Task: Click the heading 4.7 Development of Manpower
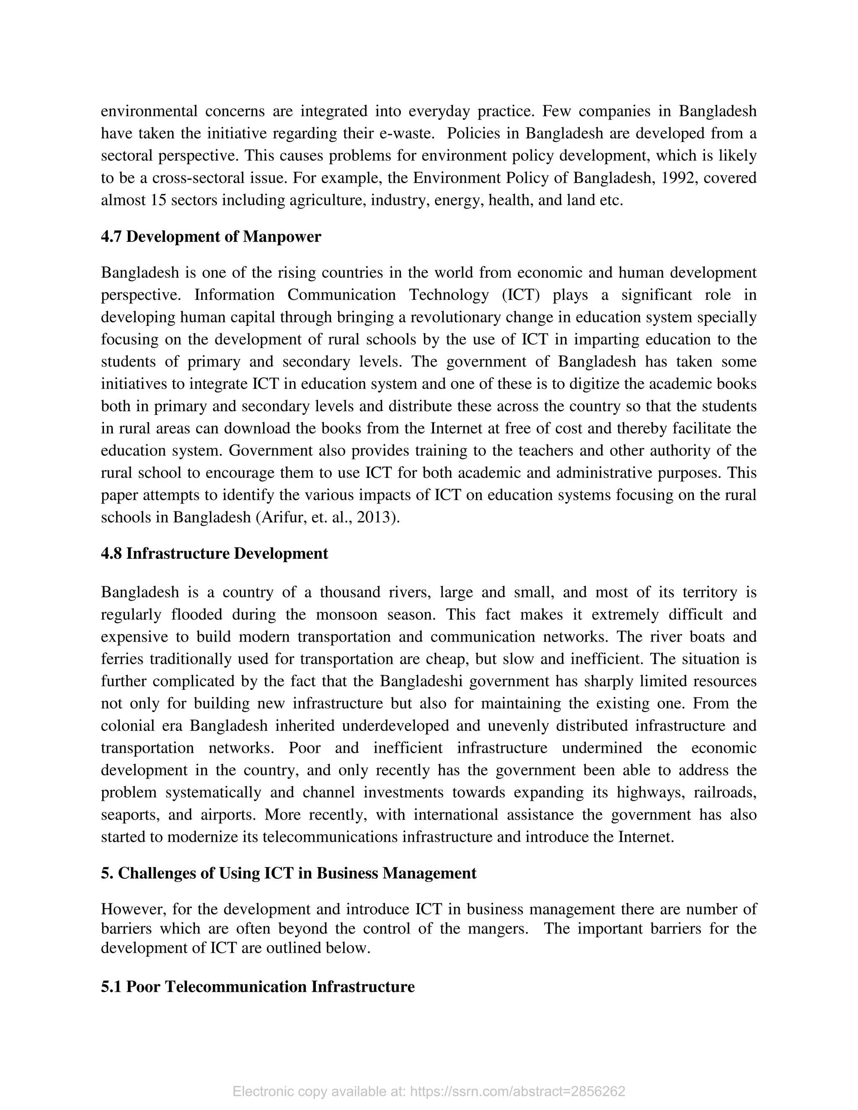coord(211,237)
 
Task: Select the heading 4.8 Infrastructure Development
coord(214,553)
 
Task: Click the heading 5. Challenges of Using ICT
coord(288,873)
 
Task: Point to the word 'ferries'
coord(121,659)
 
